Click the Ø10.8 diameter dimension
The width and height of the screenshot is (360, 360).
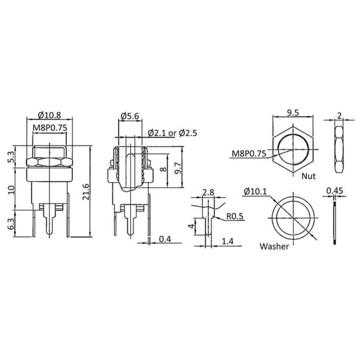[49, 116]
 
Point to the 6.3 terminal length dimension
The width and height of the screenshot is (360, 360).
[11, 224]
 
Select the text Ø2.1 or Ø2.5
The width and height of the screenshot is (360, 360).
[172, 133]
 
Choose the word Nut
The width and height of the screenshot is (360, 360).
[309, 176]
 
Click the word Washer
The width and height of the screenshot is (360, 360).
[274, 247]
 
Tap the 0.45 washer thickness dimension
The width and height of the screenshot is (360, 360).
[334, 190]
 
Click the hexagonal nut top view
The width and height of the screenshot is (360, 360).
[293, 149]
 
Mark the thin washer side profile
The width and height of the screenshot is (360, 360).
[335, 223]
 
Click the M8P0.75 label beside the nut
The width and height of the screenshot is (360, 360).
[248, 154]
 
